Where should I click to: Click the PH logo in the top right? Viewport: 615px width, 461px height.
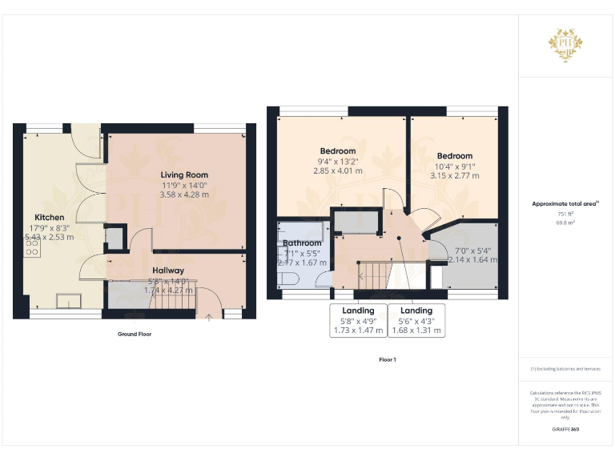(565, 42)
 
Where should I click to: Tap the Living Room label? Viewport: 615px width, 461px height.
(184, 175)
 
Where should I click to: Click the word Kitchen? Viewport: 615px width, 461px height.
(49, 217)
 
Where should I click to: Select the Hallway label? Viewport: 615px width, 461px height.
(168, 271)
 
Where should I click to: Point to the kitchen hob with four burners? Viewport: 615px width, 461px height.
(32, 248)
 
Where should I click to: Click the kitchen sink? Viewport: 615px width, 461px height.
(69, 300)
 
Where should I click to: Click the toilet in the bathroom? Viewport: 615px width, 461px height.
(290, 278)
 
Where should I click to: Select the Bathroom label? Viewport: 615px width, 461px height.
(302, 243)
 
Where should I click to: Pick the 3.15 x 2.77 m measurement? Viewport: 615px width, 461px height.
(454, 175)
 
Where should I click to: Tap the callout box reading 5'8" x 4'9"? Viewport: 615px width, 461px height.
(358, 320)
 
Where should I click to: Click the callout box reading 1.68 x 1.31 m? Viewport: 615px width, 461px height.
(416, 330)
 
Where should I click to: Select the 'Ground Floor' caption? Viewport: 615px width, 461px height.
(129, 334)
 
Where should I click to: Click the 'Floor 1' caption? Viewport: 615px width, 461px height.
(388, 359)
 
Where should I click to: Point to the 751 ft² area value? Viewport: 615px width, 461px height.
(565, 214)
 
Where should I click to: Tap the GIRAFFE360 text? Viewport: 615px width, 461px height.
(565, 430)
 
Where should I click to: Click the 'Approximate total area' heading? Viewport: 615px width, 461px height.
(565, 204)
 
